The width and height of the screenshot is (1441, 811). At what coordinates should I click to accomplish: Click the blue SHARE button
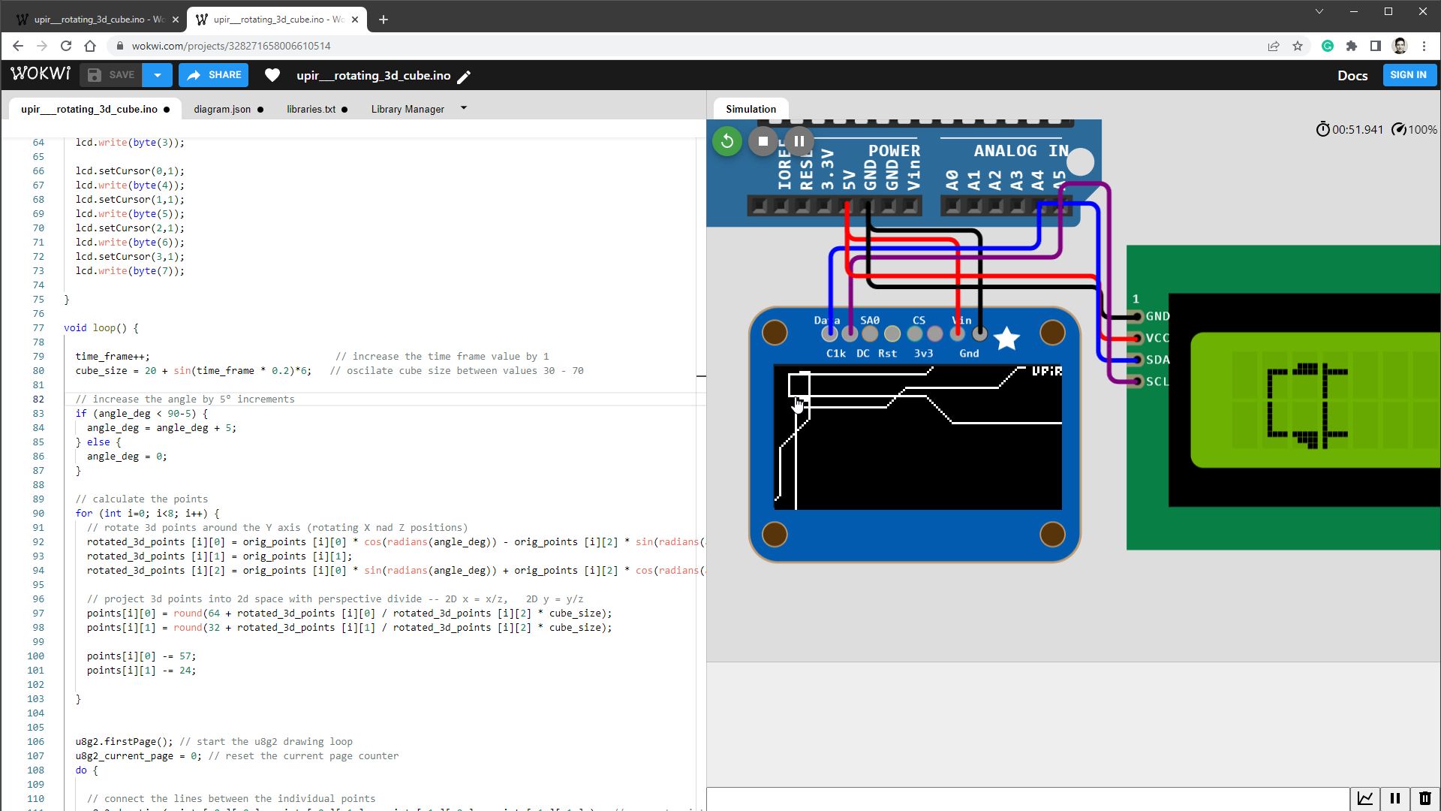coord(214,75)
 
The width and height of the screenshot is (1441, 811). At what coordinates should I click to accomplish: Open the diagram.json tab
coord(222,109)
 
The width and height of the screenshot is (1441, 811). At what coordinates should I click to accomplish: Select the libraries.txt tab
coord(311,109)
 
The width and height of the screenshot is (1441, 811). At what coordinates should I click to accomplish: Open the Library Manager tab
coord(408,109)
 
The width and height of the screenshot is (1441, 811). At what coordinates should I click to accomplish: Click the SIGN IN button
coord(1408,75)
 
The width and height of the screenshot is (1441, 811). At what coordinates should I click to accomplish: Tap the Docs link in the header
coord(1352,75)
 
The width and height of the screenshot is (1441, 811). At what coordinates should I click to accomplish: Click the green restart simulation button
coord(727,141)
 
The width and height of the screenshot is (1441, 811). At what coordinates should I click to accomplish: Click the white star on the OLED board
coord(1006,339)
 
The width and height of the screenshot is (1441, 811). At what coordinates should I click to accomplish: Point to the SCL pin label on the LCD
coord(1157,381)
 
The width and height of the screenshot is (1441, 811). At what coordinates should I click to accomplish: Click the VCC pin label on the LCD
coord(1157,338)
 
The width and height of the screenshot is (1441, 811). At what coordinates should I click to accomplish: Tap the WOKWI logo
coord(41,74)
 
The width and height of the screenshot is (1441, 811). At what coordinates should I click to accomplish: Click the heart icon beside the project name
coord(272,75)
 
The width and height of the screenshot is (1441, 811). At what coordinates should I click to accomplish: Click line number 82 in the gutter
coord(38,399)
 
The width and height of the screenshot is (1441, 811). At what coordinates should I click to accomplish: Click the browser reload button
coord(66,46)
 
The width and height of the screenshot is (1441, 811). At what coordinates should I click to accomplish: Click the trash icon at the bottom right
coord(1424,798)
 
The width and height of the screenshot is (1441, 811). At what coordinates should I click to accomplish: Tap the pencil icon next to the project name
coord(465,77)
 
